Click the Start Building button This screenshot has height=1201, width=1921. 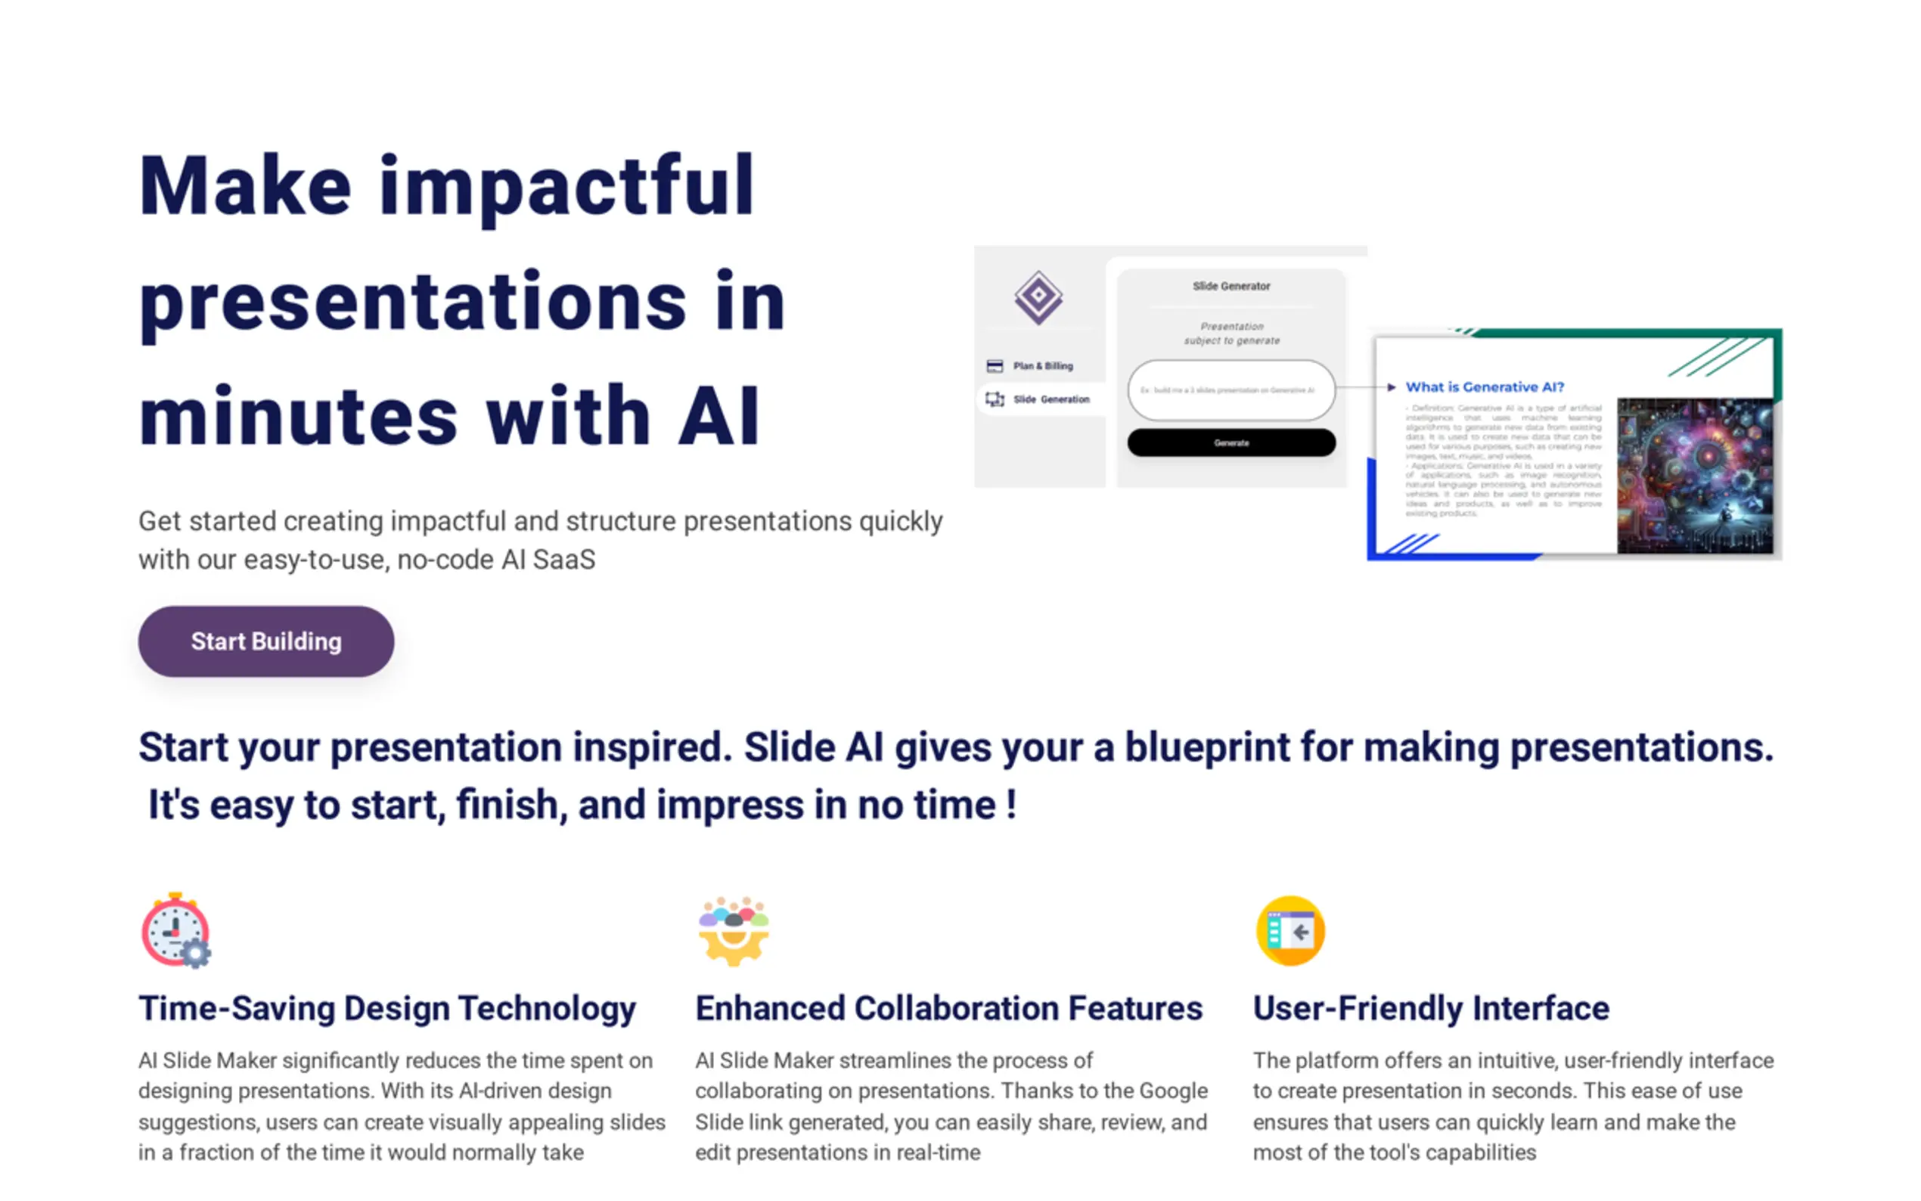(x=266, y=641)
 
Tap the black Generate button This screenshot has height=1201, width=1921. (x=1231, y=442)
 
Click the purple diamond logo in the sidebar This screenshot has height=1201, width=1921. (x=1038, y=297)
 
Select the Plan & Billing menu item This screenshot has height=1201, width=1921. (x=1041, y=366)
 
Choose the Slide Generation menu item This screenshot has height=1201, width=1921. (x=1050, y=399)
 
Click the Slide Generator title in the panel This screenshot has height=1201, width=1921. (x=1231, y=286)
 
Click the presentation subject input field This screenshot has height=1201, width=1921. (x=1231, y=390)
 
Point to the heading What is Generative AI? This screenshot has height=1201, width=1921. (x=1483, y=386)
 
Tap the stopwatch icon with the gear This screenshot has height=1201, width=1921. (x=176, y=930)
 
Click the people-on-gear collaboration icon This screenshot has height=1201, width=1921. (x=733, y=930)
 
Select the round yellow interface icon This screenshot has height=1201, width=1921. (x=1289, y=930)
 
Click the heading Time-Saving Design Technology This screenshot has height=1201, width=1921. (x=386, y=1008)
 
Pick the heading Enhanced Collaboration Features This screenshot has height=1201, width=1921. (x=948, y=1008)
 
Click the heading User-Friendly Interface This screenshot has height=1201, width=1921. (x=1430, y=1008)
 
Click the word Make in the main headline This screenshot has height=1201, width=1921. (x=244, y=187)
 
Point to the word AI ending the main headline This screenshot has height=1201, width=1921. (x=718, y=417)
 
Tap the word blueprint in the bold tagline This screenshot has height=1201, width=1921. (x=1206, y=747)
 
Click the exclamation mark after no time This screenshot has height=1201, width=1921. (x=1011, y=805)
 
